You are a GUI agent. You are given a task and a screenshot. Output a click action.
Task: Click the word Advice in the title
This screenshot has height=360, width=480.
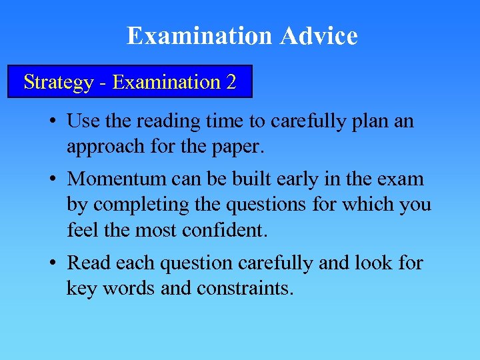(319, 36)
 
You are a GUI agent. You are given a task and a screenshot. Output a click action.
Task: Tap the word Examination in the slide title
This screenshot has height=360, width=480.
(200, 36)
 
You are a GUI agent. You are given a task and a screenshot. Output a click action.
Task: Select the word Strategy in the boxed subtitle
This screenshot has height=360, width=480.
(58, 82)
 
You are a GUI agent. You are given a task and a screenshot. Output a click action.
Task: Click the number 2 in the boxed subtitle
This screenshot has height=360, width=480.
(231, 82)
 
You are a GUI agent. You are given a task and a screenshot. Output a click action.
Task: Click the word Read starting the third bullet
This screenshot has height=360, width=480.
(89, 263)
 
